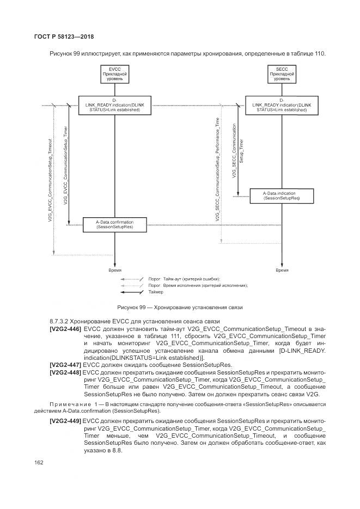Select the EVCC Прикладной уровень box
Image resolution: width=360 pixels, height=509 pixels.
click(x=114, y=75)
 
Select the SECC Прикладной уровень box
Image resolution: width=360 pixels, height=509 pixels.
click(x=282, y=75)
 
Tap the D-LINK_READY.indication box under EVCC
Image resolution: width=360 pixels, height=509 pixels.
click(x=114, y=105)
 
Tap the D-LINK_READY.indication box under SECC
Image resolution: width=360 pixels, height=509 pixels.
click(x=282, y=105)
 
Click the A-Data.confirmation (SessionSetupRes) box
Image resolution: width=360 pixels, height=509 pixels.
click(x=114, y=225)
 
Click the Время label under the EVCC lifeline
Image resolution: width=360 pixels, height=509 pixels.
click(x=114, y=270)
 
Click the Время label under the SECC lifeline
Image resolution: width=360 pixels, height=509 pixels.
click(x=282, y=270)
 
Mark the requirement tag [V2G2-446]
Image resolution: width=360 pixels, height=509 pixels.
click(x=65, y=329)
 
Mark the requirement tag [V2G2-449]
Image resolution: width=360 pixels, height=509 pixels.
click(x=65, y=422)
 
